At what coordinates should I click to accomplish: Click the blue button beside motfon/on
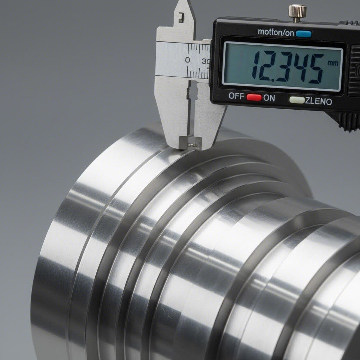coord(304,34)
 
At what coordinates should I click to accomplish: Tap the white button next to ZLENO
coord(297,100)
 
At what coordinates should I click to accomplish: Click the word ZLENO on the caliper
coord(319,102)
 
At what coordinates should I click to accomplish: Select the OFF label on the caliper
coord(236,96)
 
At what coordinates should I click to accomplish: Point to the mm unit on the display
coord(332,63)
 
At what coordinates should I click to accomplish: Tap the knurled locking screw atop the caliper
coord(297,11)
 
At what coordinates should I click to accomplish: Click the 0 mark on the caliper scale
coord(187,60)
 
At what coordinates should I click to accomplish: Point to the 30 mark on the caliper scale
coord(206,61)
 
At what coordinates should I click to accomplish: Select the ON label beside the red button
coord(269,98)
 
